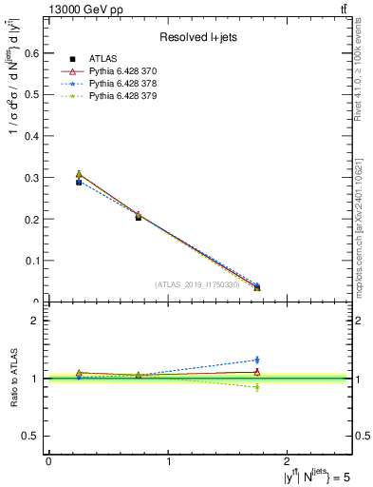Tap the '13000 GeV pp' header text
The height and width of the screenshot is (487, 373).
tap(85, 9)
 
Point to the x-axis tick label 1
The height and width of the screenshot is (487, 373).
tap(169, 461)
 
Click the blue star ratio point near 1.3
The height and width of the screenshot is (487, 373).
tap(257, 360)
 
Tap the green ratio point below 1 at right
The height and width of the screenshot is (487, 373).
tap(257, 387)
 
